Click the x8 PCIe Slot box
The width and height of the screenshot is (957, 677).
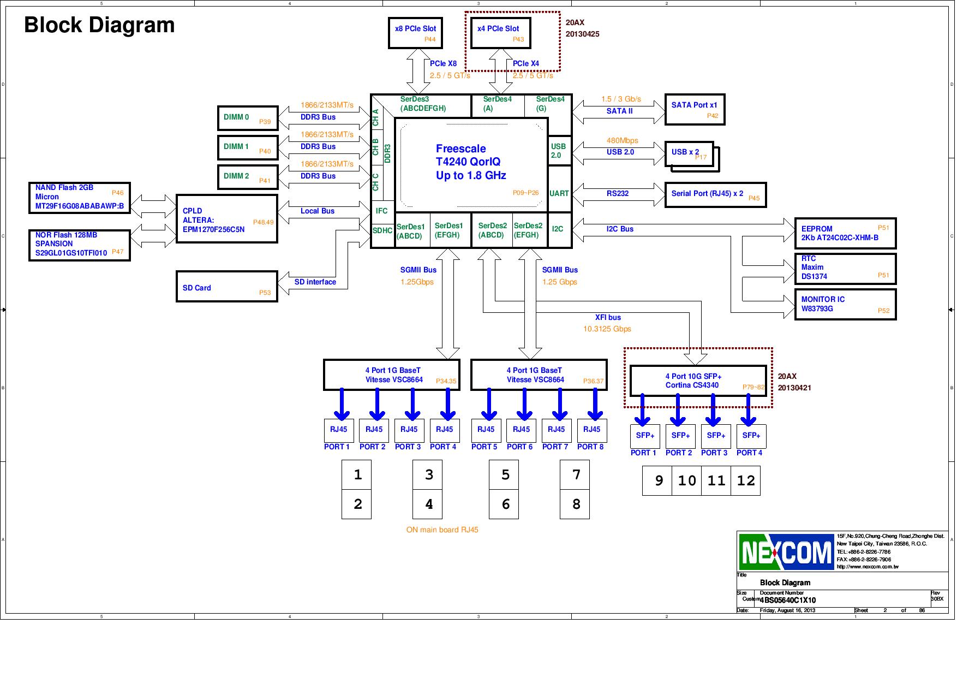415,33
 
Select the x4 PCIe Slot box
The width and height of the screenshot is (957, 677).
500,33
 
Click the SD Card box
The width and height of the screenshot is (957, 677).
226,287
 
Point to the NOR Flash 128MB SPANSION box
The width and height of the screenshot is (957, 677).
79,245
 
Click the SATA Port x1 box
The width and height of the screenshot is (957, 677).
694,109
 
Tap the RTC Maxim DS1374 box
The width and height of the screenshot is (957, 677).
845,268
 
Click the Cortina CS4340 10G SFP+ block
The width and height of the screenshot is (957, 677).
697,381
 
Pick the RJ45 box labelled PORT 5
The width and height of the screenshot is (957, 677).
486,430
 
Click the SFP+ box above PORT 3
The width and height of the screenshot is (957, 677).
715,436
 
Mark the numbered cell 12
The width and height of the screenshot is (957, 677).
745,481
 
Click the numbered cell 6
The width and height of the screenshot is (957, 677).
505,504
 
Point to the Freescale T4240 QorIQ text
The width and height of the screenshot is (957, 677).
470,162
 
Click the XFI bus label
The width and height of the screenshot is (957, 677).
607,317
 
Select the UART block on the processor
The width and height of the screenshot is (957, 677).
559,193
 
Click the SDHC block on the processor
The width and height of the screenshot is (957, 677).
382,231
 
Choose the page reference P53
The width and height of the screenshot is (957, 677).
265,293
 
